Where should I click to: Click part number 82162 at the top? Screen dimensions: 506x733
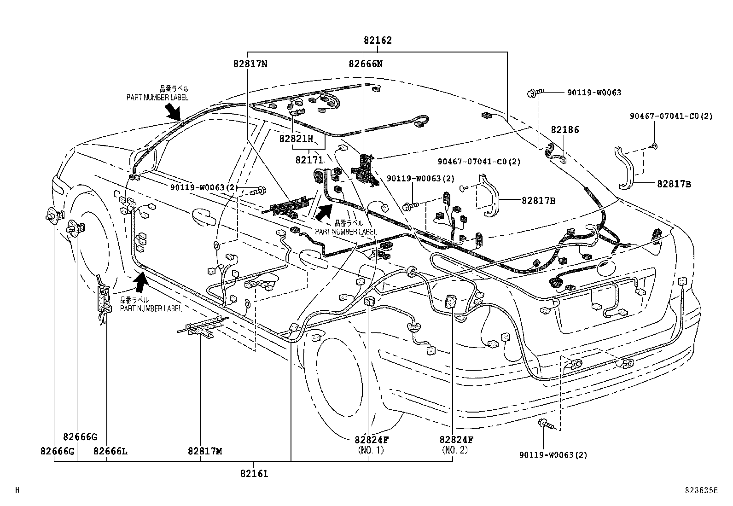pos(377,41)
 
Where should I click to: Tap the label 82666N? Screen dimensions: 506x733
pos(365,64)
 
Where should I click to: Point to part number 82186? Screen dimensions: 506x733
pos(564,130)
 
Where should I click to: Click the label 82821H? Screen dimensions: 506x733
pos(296,139)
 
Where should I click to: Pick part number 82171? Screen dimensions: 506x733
pos(309,160)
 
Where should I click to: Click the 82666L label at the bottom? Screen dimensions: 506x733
pos(110,451)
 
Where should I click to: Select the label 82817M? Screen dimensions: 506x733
pos(204,451)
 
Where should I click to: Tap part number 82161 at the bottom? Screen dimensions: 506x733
pos(254,473)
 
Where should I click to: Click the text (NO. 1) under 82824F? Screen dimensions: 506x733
pos(370,450)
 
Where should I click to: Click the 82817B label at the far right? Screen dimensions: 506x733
pos(674,184)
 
